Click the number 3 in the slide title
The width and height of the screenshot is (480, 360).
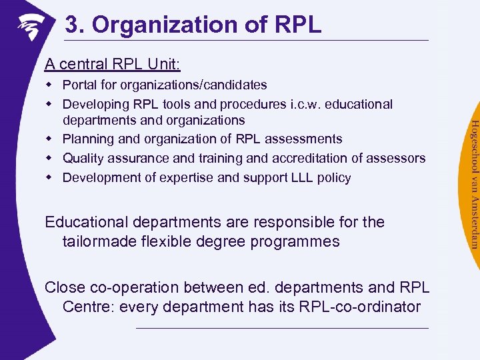click(71, 25)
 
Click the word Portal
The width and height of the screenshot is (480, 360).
click(80, 85)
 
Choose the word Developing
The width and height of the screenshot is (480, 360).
click(97, 105)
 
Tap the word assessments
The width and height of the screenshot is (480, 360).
click(304, 139)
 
